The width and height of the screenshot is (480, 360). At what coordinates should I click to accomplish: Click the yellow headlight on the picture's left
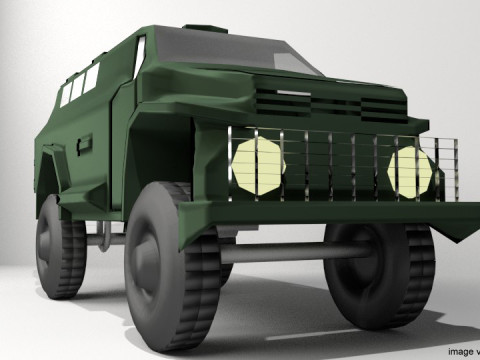pos(258,165)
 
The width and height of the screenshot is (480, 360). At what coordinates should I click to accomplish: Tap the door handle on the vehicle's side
pos(84,140)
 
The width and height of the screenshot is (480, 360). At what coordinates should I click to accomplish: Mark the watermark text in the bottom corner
pos(463,351)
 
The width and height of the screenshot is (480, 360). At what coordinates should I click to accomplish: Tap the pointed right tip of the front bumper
pos(471,239)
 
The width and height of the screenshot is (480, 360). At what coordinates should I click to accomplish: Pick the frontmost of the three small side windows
pos(93,78)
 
